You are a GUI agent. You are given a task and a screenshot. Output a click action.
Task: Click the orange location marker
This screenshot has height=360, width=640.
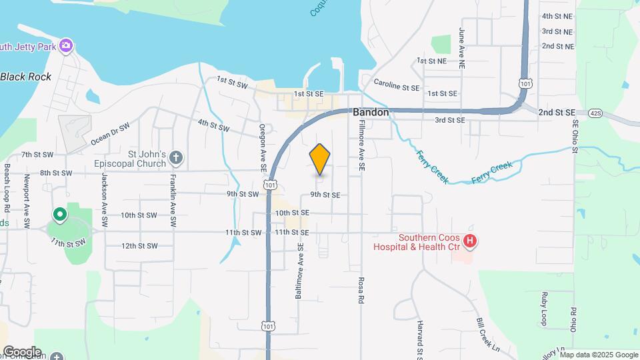(320, 159)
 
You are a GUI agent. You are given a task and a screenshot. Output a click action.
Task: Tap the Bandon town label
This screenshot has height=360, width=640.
(371, 113)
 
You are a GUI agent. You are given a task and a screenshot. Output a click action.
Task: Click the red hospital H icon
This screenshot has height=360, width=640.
(471, 241)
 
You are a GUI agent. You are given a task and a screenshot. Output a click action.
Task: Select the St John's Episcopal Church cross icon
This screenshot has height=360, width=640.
(175, 158)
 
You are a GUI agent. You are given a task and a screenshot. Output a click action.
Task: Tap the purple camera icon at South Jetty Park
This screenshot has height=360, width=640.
(65, 45)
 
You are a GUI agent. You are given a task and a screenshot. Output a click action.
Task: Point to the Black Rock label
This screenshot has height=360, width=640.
(26, 77)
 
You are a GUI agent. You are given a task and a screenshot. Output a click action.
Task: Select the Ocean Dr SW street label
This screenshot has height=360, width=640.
(111, 133)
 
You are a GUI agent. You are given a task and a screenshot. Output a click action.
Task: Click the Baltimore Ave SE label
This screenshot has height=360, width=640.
(301, 269)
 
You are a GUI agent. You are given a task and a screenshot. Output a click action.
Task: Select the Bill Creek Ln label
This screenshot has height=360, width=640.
(488, 334)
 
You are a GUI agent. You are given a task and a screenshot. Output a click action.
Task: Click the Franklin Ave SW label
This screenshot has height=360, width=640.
(173, 194)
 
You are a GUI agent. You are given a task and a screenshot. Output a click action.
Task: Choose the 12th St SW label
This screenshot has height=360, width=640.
(139, 246)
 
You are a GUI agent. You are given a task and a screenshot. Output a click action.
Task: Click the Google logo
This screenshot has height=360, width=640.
(21, 351)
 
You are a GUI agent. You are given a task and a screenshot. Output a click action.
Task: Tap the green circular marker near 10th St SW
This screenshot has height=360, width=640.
(60, 214)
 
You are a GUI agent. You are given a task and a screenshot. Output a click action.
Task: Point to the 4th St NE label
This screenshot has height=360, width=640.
(557, 16)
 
